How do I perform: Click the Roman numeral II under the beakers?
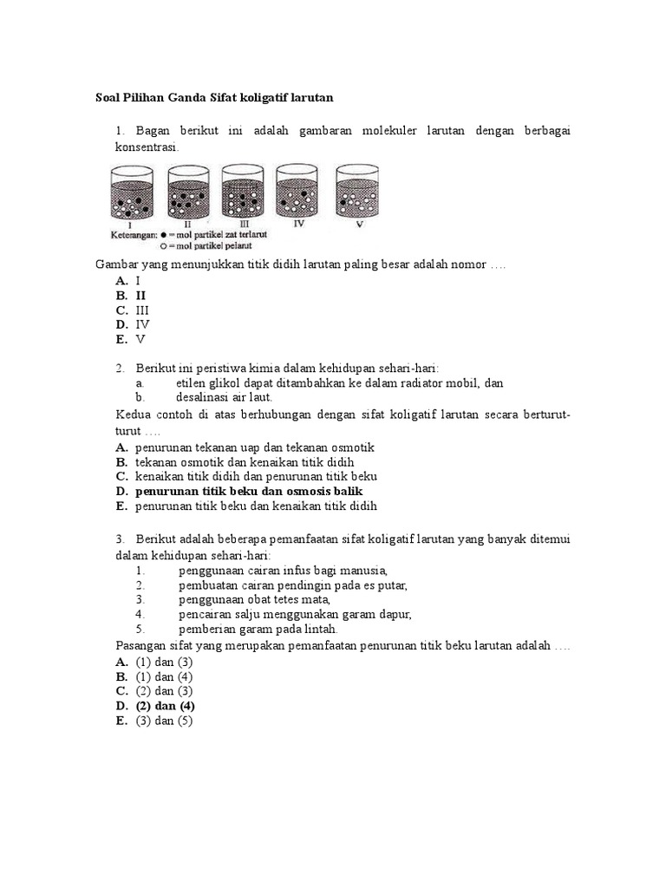(187, 224)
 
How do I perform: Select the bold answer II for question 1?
(140, 295)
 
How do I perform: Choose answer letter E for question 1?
(121, 339)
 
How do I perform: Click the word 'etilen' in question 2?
(193, 382)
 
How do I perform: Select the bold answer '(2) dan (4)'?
(165, 706)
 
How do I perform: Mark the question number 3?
(118, 539)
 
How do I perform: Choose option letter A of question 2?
(121, 447)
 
